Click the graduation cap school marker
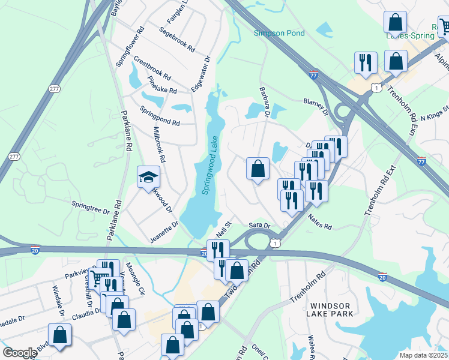tap(148, 178)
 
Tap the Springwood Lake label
tap(211, 165)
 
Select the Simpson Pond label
tap(279, 33)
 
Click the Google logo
tap(19, 352)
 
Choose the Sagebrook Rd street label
tap(178, 38)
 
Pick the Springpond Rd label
tap(160, 115)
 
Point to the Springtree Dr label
tap(91, 208)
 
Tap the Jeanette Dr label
tap(164, 232)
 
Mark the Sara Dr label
tap(260, 226)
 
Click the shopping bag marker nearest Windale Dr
tap(59, 335)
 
